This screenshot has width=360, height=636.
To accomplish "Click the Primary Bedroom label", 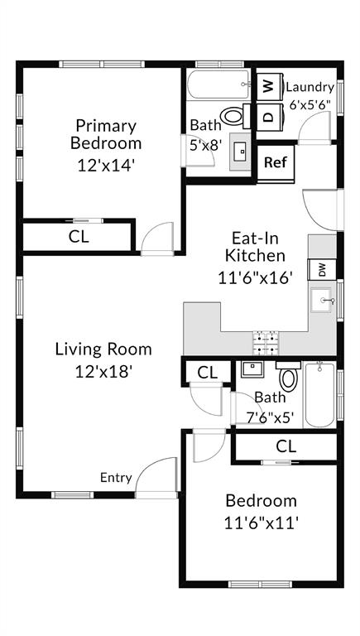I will (x=105, y=134).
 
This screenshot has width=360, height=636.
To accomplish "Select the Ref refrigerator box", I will (x=275, y=162).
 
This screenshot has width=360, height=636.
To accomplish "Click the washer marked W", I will (x=268, y=86).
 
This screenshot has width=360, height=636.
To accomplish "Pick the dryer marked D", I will (x=268, y=116).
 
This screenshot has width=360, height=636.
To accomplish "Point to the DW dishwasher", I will (x=322, y=269).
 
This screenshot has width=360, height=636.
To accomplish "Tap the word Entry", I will (x=116, y=477).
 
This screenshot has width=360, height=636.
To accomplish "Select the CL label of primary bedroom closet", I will (x=79, y=236).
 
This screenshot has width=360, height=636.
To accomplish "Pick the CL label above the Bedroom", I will (x=286, y=446).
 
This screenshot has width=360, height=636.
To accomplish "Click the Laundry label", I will (x=310, y=87).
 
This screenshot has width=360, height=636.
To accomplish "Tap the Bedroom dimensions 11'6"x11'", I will (x=261, y=523).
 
